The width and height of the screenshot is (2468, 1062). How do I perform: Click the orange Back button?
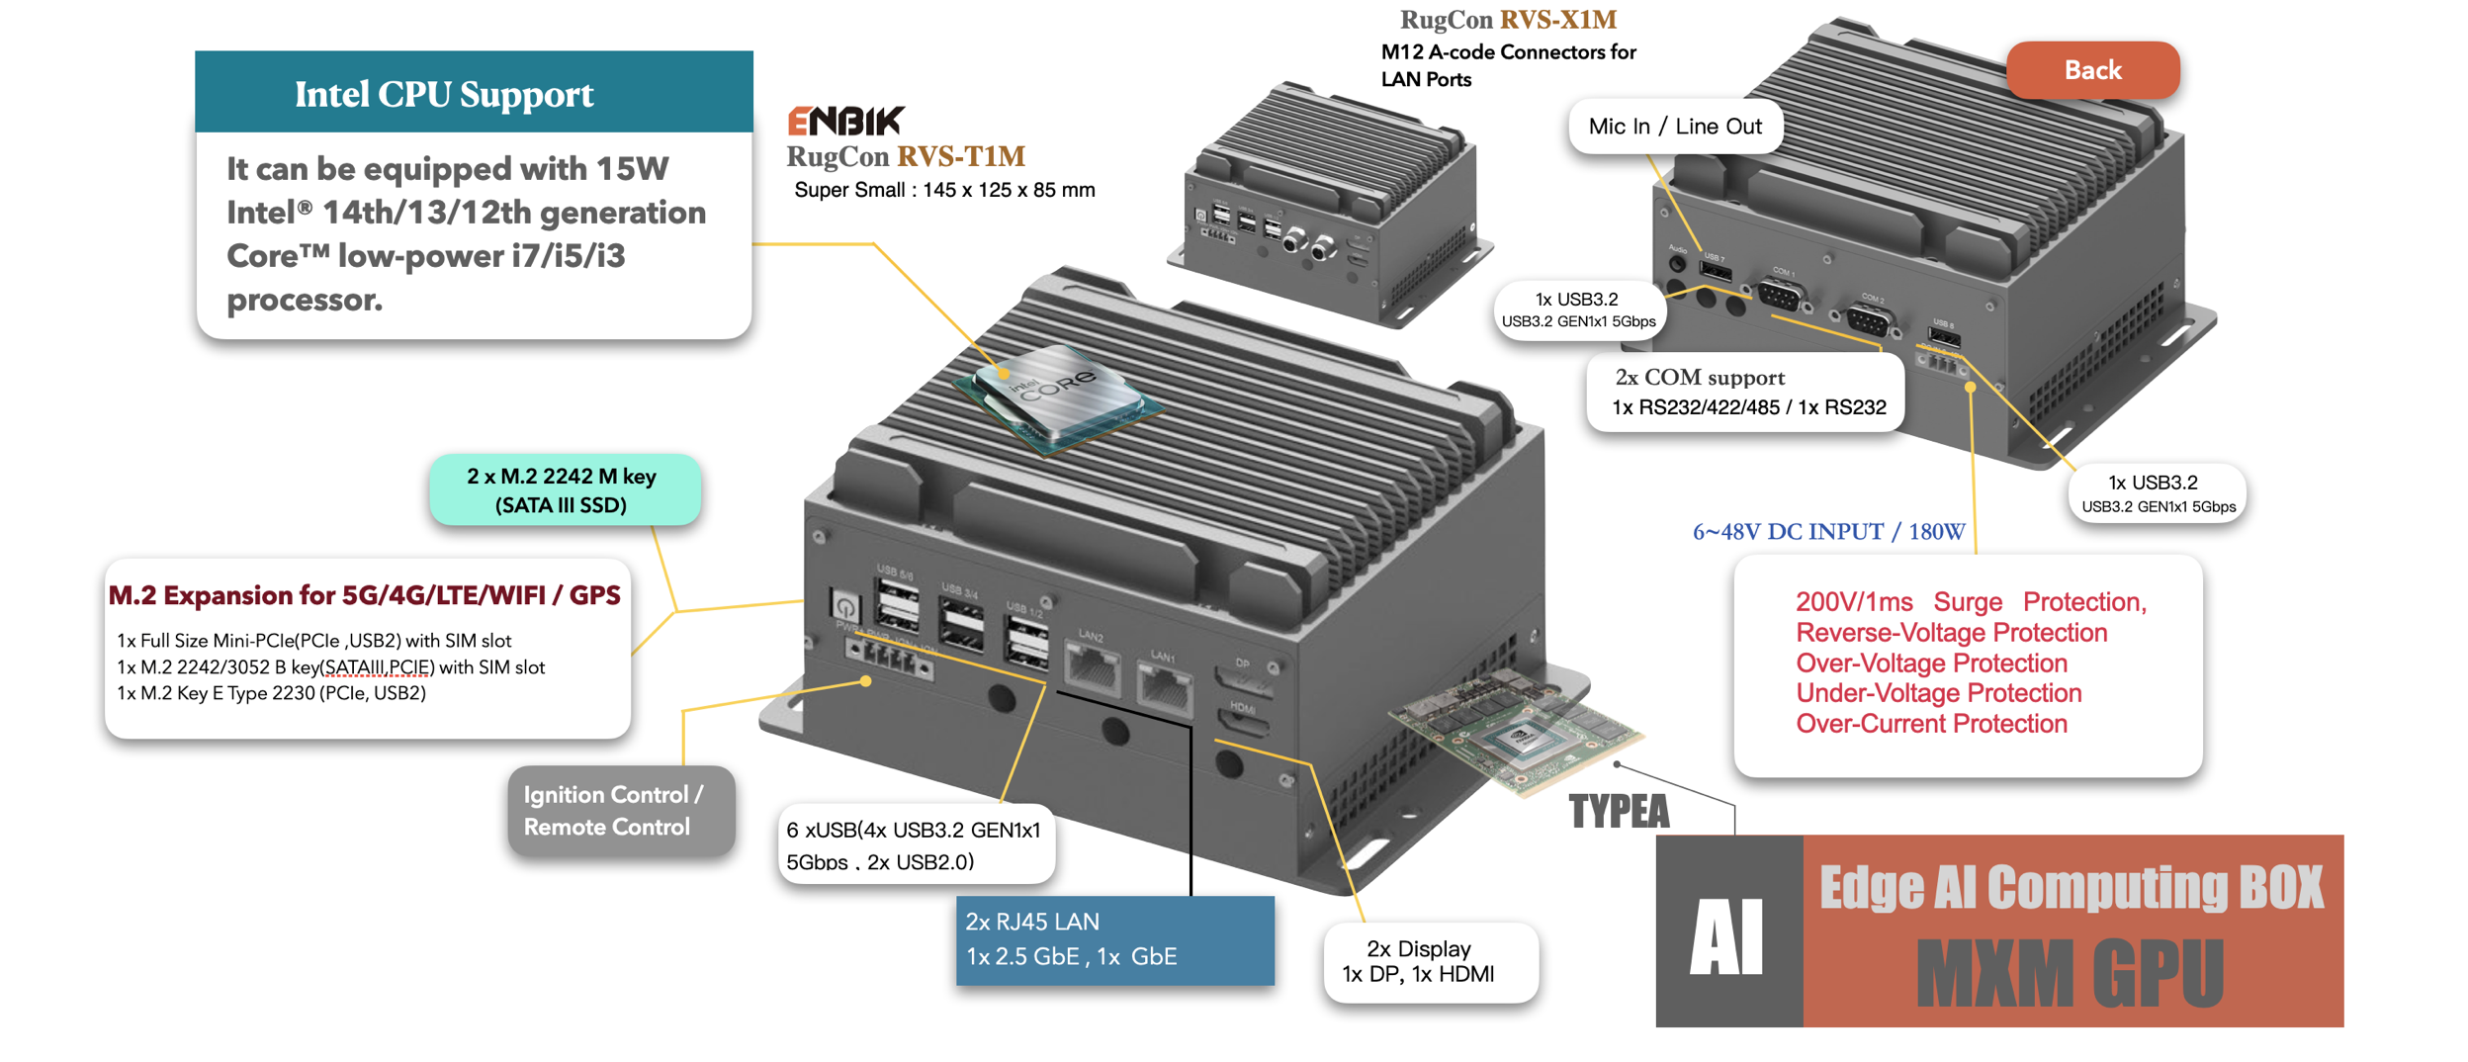pyautogui.click(x=2091, y=70)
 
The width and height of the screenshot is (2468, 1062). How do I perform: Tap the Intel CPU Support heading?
pyautogui.click(x=444, y=94)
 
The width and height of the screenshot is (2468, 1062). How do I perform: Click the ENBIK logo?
pyautogui.click(x=844, y=121)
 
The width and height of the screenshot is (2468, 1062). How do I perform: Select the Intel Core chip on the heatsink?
pyautogui.click(x=1056, y=395)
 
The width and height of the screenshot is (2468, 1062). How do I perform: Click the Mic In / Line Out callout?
pyautogui.click(x=1674, y=127)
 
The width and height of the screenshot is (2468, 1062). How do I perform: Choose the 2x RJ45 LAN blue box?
pyautogui.click(x=1113, y=938)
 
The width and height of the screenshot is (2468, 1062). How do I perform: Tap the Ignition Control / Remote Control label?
pyautogui.click(x=620, y=810)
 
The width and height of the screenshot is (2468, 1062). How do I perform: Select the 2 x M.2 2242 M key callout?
pyautogui.click(x=564, y=489)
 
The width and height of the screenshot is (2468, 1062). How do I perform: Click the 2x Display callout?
pyautogui.click(x=1429, y=960)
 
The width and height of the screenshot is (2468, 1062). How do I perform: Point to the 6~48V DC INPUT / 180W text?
pyautogui.click(x=1827, y=532)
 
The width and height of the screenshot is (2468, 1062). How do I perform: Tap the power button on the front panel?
pyautogui.click(x=845, y=604)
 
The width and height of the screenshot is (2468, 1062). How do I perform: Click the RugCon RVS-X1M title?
pyautogui.click(x=1508, y=20)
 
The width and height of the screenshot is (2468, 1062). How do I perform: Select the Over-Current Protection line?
pyautogui.click(x=1931, y=724)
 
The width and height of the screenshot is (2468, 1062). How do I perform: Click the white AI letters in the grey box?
pyautogui.click(x=1726, y=936)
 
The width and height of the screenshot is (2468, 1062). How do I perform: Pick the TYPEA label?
pyautogui.click(x=1619, y=811)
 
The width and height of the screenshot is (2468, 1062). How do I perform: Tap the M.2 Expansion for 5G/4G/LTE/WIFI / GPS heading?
pyautogui.click(x=365, y=595)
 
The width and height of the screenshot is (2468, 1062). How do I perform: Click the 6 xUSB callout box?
pyautogui.click(x=915, y=844)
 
